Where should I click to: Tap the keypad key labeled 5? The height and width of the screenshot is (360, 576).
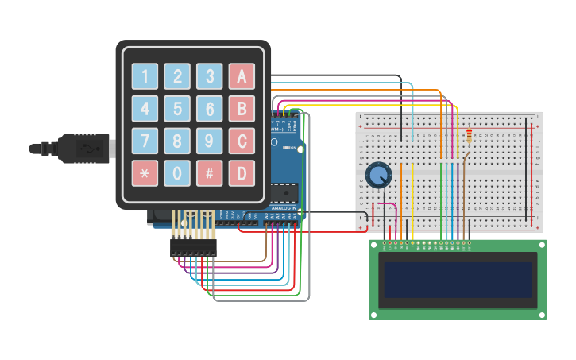point(177,109)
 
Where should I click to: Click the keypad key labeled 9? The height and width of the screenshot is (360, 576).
point(210,141)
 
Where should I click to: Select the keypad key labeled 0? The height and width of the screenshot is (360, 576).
point(177,172)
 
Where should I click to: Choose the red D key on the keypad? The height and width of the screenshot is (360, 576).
point(242,172)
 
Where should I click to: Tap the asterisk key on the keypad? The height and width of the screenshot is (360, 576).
point(145,172)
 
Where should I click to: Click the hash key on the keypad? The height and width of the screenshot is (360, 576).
point(210,172)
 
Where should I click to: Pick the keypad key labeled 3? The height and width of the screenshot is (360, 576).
point(210,76)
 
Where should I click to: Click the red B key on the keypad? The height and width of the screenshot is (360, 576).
point(242,109)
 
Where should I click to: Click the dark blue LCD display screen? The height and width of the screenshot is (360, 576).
point(458,280)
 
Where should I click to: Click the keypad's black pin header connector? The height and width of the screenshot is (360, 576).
point(193,248)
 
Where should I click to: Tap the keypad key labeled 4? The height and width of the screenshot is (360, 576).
point(145,109)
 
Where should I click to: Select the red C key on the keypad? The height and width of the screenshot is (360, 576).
point(242,141)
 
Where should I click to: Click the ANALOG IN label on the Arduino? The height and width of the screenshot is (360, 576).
point(284,208)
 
